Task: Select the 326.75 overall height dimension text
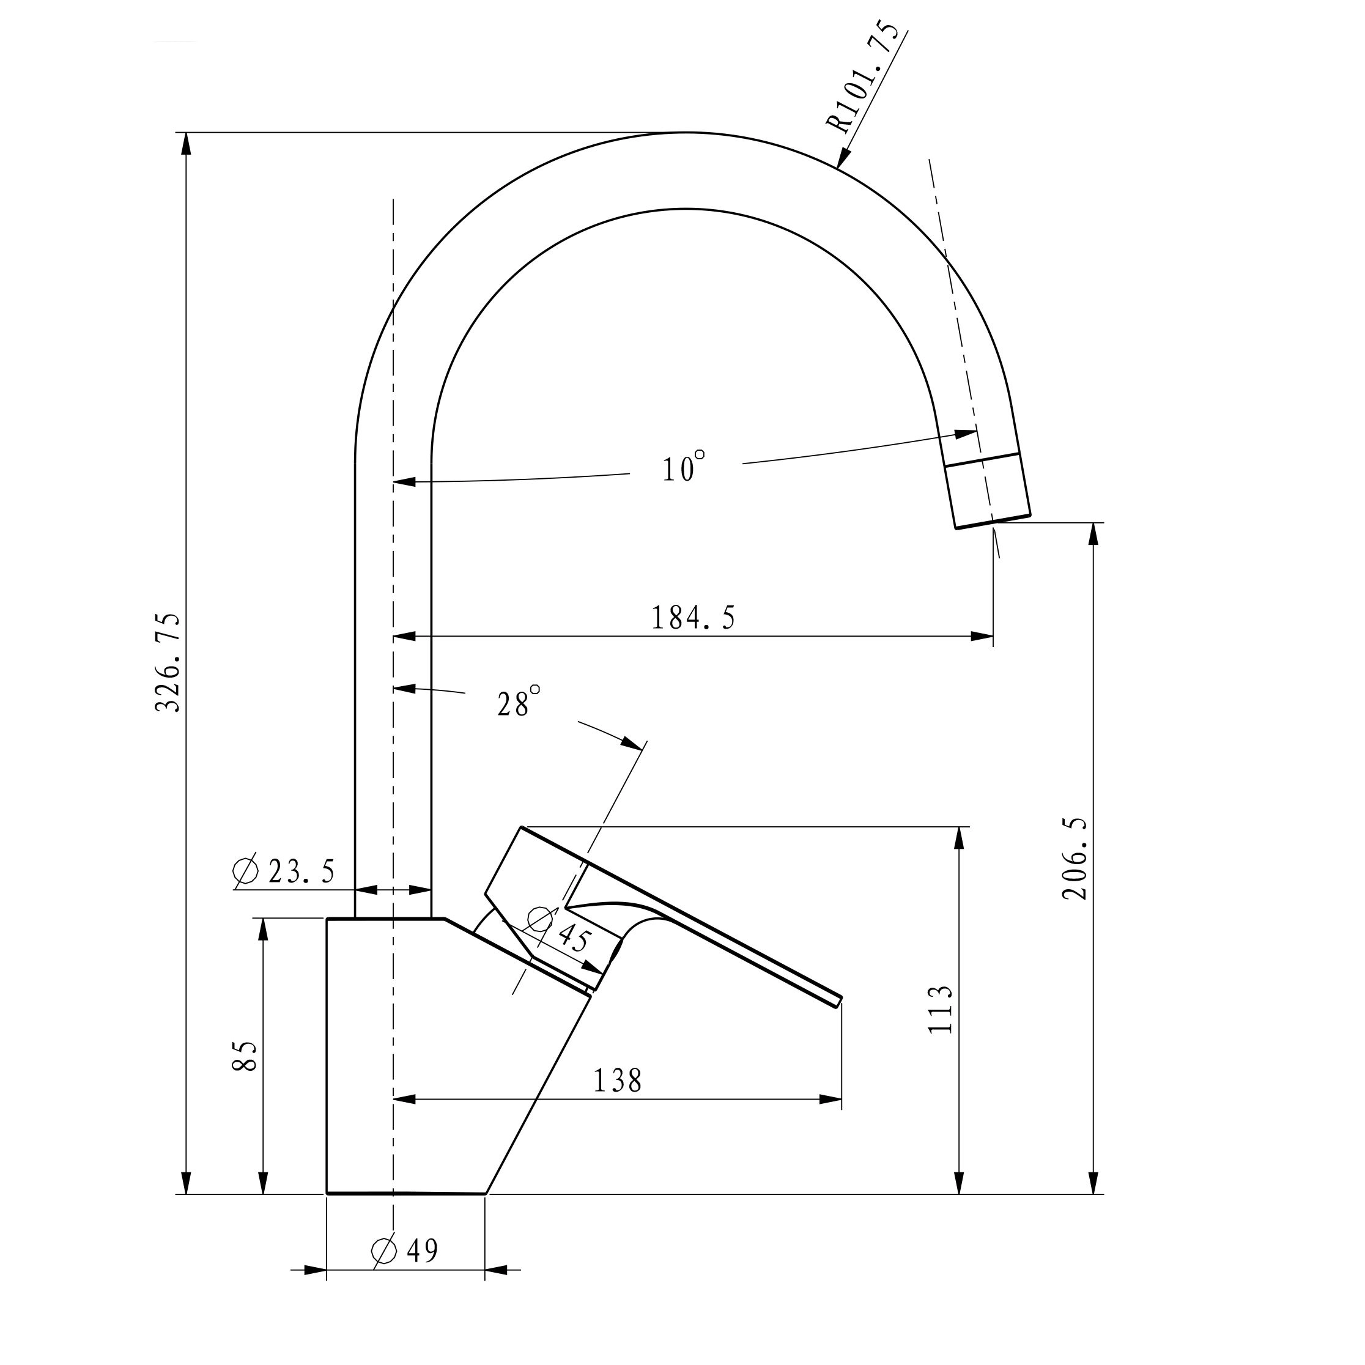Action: coord(168,662)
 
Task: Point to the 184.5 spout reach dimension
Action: coord(693,618)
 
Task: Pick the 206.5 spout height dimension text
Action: coord(1075,859)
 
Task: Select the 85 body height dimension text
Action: coord(245,1056)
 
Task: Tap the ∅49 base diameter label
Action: coord(405,1251)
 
